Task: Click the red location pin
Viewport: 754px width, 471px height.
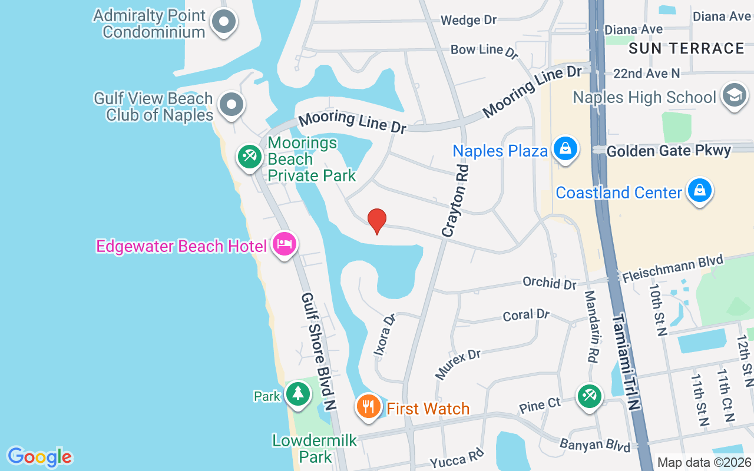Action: [x=377, y=221]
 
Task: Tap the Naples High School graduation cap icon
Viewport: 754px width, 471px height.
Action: [x=734, y=95]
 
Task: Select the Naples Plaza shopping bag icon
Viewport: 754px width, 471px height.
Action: [x=565, y=148]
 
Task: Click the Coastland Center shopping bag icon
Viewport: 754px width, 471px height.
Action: [x=699, y=191]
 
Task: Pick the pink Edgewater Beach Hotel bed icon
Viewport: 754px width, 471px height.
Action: [x=285, y=244]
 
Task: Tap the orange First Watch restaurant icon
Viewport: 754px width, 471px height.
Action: [x=369, y=407]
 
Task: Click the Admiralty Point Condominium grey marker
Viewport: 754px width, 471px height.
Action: [x=223, y=22]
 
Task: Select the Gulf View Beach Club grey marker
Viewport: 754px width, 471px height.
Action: [x=231, y=104]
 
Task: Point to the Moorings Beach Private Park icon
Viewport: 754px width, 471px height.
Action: [x=250, y=156]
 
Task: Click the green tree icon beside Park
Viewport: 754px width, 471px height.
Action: [x=298, y=393]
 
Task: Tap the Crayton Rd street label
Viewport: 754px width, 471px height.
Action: [x=457, y=201]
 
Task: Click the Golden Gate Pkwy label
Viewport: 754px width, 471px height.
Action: [x=669, y=151]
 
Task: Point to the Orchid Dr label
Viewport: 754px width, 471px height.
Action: [x=549, y=283]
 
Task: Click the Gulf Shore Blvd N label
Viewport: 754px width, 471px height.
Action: [x=319, y=351]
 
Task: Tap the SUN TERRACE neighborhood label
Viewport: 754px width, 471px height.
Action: [x=686, y=48]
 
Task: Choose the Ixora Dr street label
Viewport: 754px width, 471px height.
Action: [x=384, y=335]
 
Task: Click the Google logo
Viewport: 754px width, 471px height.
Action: [x=39, y=457]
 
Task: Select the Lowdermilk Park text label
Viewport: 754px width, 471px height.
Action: [x=315, y=448]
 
